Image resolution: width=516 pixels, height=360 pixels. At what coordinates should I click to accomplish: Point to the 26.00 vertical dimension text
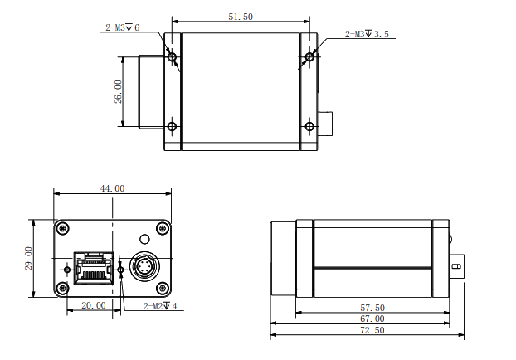coord(118,91)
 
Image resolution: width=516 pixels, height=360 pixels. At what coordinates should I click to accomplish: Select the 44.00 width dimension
coord(112,188)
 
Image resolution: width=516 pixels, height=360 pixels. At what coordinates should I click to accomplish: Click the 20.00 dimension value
coord(93,305)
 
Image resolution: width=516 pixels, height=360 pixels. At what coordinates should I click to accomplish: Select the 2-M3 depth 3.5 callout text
coord(367,34)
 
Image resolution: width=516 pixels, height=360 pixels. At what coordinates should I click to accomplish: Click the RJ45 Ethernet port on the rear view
coord(95,267)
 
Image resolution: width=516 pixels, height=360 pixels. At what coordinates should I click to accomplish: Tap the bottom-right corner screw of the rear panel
coord(162,288)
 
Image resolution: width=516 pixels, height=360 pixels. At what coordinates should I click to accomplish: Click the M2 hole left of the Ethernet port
coord(67,269)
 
